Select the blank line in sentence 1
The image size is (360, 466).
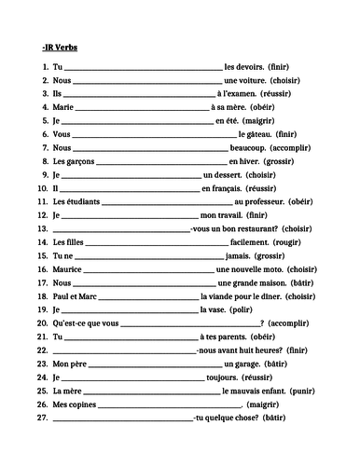[142, 67]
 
